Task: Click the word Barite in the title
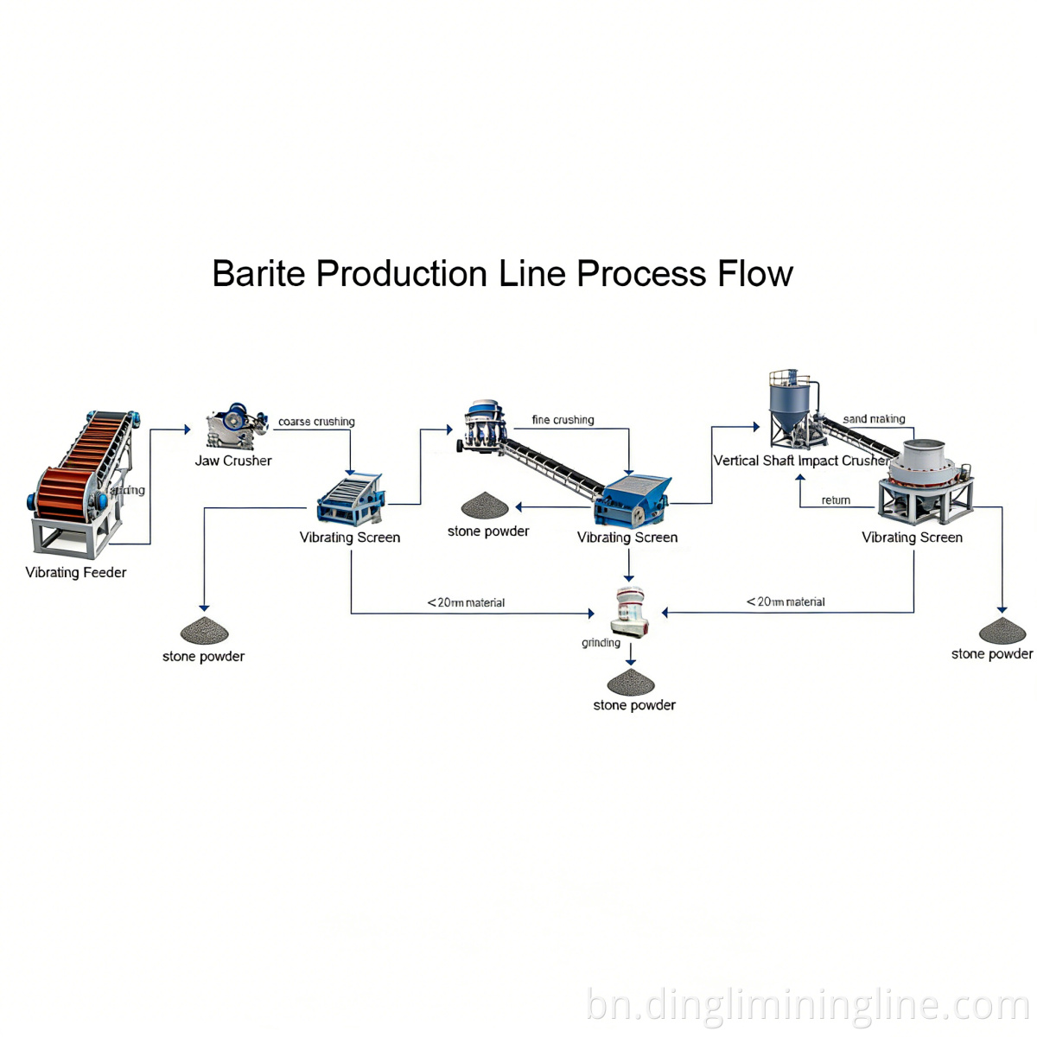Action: pyautogui.click(x=258, y=274)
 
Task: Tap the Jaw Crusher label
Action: pyautogui.click(x=233, y=461)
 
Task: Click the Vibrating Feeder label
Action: pyautogui.click(x=76, y=573)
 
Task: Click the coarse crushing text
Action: pyautogui.click(x=316, y=422)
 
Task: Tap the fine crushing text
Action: pyautogui.click(x=563, y=420)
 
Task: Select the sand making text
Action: pyautogui.click(x=874, y=419)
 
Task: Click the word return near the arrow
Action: pyautogui.click(x=836, y=500)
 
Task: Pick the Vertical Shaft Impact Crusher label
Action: pyautogui.click(x=800, y=461)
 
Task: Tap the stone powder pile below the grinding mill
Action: pyautogui.click(x=631, y=683)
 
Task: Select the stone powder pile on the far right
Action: pyautogui.click(x=1002, y=631)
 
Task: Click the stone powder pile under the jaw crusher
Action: pyautogui.click(x=204, y=631)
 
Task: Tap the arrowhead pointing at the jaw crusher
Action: pyautogui.click(x=187, y=429)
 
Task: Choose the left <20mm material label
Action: pyautogui.click(x=466, y=603)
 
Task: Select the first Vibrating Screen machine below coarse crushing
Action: pyautogui.click(x=350, y=500)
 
